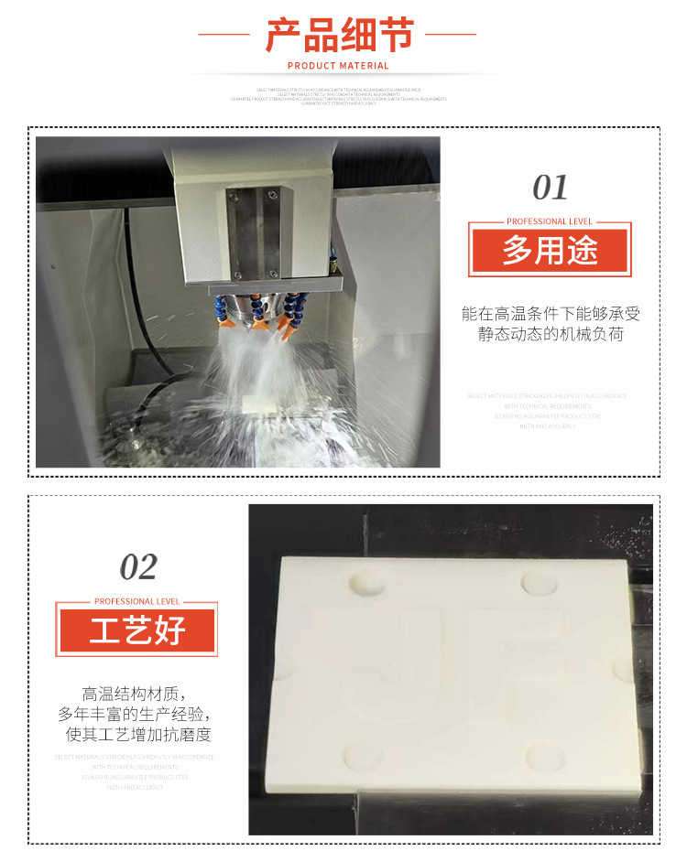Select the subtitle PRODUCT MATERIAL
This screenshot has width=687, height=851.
tap(338, 66)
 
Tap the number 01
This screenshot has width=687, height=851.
tap(551, 188)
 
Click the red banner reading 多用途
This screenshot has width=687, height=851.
tap(550, 250)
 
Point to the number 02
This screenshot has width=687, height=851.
tap(138, 567)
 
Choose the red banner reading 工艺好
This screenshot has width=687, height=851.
tap(137, 630)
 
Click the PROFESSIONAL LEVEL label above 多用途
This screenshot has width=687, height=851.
tap(550, 221)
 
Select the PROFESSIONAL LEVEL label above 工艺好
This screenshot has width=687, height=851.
tap(137, 601)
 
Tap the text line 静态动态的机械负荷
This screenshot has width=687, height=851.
tap(551, 334)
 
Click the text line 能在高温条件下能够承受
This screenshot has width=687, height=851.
tap(551, 314)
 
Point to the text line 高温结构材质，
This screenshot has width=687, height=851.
tap(138, 694)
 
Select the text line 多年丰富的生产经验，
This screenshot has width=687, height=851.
tap(138, 714)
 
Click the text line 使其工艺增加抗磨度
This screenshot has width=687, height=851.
tap(138, 734)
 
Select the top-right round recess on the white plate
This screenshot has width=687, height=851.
tap(539, 581)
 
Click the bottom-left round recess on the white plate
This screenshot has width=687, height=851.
tap(358, 756)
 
